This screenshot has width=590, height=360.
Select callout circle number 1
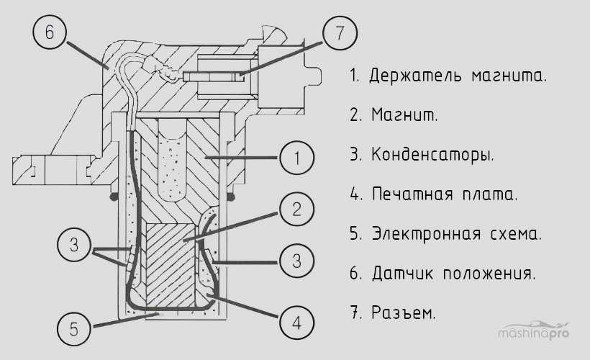tap(296, 158)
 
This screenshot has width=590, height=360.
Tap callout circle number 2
tap(296, 210)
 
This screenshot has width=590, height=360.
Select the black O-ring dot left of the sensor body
tap(112, 196)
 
